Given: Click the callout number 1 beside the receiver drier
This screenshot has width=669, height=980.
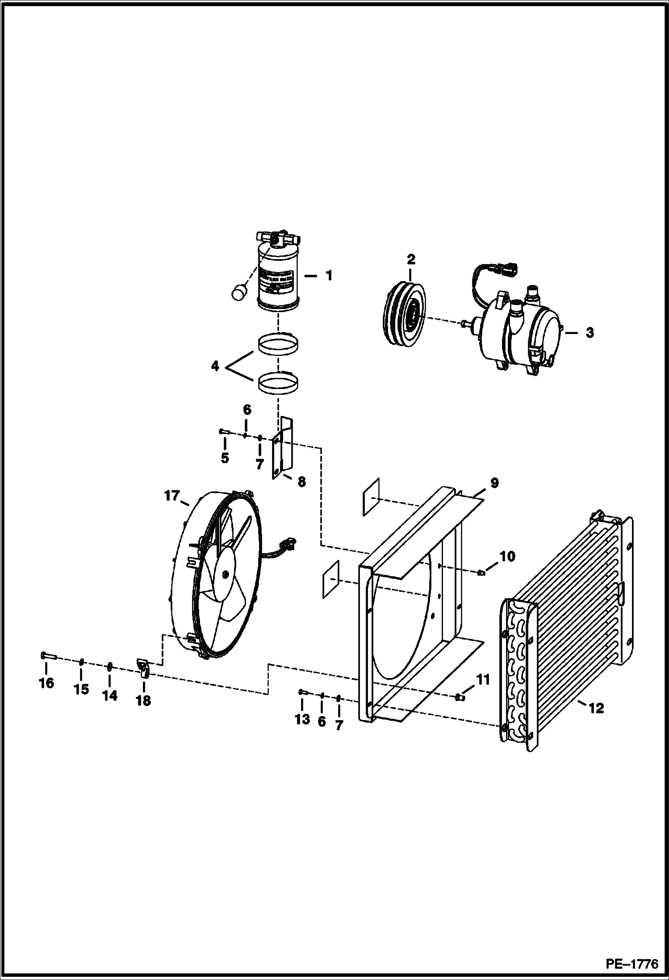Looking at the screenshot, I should tap(329, 276).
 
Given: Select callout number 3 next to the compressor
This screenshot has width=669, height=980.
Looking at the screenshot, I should tap(590, 333).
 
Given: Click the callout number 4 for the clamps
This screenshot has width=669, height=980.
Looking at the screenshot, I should tap(215, 367).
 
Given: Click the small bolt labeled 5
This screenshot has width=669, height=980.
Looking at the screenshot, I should tap(224, 431).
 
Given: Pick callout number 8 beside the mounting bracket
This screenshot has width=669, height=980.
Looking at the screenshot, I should tap(301, 482).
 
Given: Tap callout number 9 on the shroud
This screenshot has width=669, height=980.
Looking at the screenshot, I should tap(494, 483).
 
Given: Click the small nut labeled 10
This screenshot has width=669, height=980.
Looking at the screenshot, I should tap(481, 573).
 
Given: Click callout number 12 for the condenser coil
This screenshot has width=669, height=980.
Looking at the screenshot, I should tap(596, 708).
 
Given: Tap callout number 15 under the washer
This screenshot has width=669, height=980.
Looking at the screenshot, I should tap(81, 689).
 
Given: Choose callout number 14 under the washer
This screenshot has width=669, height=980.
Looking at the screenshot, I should tap(110, 695).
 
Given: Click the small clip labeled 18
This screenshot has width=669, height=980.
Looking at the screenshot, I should tap(142, 669).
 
